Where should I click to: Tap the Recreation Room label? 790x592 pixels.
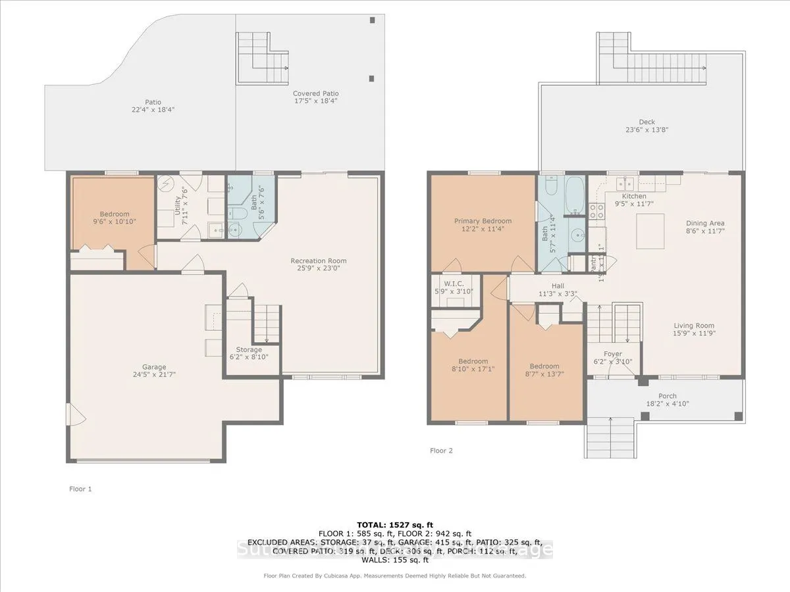pos(319,261)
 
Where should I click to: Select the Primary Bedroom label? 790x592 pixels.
pos(483,221)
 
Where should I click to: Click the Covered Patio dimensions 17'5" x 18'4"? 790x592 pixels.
pos(316,102)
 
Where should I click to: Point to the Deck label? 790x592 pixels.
pos(646,122)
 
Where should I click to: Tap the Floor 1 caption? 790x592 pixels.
pos(81,489)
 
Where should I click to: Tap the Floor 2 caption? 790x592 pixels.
pos(441,451)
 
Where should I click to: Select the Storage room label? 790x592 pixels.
pos(249,349)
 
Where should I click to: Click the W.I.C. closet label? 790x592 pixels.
pos(454,282)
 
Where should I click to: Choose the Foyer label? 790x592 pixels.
pos(612,354)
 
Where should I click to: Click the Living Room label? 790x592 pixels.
pos(694,326)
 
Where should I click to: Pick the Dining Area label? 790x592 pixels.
pos(705,223)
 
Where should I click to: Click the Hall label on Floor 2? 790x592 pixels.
pos(558,285)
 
